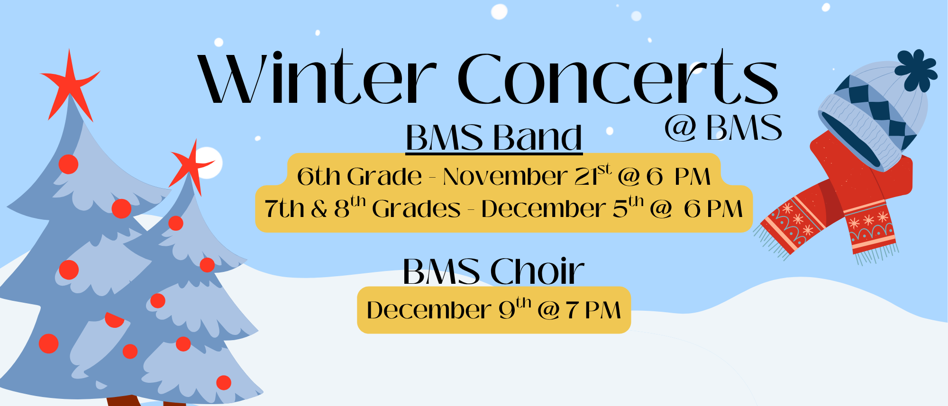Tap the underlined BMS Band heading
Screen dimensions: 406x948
pyautogui.click(x=494, y=138)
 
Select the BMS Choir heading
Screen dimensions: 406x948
pyautogui.click(x=493, y=271)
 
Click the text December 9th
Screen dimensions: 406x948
pyautogui.click(x=448, y=310)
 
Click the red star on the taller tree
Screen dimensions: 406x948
pyautogui.click(x=70, y=85)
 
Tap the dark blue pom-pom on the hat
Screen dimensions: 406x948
pyautogui.click(x=916, y=70)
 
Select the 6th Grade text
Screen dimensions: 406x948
pyautogui.click(x=359, y=177)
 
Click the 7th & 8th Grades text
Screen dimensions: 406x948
pyautogui.click(x=363, y=209)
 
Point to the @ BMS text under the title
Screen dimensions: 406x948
pyautogui.click(x=723, y=128)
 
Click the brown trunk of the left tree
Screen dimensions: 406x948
pyautogui.click(x=122, y=401)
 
